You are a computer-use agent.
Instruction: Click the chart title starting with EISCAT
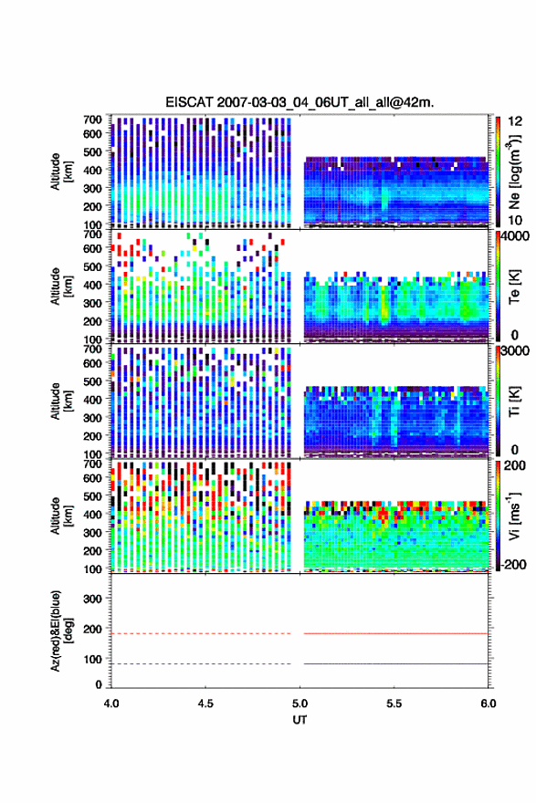click(x=300, y=102)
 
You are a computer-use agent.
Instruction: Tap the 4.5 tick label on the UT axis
click(x=205, y=704)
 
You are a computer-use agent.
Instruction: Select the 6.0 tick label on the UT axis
click(x=489, y=704)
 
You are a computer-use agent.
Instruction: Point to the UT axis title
click(x=300, y=720)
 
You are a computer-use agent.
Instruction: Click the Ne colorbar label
click(x=514, y=172)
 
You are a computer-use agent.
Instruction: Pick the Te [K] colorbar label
click(x=514, y=287)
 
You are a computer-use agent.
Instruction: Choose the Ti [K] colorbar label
click(x=514, y=401)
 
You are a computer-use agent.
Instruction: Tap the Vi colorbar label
click(x=514, y=516)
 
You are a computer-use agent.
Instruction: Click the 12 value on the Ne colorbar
click(x=515, y=121)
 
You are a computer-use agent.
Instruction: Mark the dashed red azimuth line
click(x=201, y=633)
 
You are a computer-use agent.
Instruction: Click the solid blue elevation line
click(x=396, y=663)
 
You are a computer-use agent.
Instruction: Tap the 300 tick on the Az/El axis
click(x=92, y=599)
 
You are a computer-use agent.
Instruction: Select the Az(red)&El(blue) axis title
click(x=60, y=631)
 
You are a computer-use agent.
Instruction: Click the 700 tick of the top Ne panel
click(x=92, y=120)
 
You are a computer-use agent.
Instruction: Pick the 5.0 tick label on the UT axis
click(x=300, y=704)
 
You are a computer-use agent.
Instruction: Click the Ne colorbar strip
click(x=498, y=172)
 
